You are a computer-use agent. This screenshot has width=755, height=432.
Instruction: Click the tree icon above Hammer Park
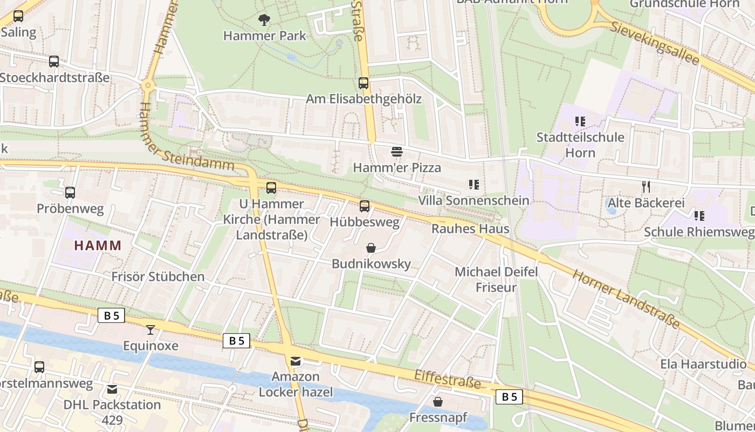264,21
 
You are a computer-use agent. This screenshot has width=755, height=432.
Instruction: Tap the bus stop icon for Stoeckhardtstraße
54,62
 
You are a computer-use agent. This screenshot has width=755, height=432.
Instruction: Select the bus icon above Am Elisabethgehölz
363,83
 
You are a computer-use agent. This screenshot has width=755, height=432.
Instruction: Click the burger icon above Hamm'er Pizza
397,152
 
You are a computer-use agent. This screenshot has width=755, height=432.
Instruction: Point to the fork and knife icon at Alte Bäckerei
646,187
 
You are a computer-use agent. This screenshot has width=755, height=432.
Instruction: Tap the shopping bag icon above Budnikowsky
371,248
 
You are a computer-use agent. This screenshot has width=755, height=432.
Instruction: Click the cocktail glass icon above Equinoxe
150,329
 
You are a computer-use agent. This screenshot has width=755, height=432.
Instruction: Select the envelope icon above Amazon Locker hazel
296,361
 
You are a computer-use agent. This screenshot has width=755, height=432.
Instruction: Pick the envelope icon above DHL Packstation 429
112,389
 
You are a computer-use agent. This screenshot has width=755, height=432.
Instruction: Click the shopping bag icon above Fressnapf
438,402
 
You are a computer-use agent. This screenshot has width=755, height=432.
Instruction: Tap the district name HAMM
98,245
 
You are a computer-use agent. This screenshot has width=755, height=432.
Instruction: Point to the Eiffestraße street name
447,379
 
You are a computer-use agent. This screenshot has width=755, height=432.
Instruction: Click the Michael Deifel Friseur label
496,279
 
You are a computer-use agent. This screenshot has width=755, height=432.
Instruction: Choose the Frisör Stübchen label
157,276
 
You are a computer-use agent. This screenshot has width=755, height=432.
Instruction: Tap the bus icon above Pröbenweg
70,193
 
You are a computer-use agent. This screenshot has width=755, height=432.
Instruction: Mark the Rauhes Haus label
470,228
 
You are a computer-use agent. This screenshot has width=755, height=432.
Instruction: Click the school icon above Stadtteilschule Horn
580,122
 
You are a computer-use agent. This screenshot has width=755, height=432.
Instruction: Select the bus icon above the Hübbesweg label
365,206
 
